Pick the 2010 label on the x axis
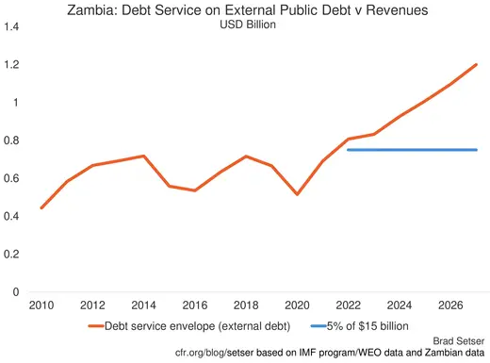click(x=41, y=305)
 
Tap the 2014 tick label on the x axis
click(x=143, y=305)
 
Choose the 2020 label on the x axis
click(x=297, y=305)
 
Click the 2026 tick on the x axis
click(x=450, y=305)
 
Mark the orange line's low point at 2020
click(x=297, y=194)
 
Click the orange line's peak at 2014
click(x=143, y=156)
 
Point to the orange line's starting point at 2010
click(x=41, y=208)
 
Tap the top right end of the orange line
click(x=477, y=64)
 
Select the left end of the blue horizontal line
click(x=348, y=150)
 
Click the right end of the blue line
click(x=477, y=150)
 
